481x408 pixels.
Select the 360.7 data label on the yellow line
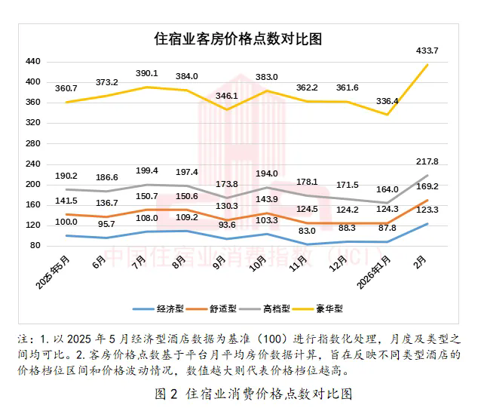[x=66, y=88]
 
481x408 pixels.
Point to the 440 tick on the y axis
[x=33, y=61]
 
